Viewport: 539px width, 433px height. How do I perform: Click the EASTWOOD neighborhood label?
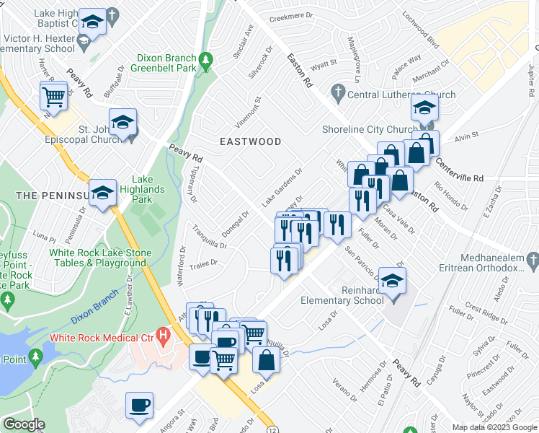pyautogui.click(x=251, y=141)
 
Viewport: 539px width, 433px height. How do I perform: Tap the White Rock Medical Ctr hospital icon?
pyautogui.click(x=165, y=336)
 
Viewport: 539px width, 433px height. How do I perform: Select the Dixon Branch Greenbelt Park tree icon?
pyautogui.click(x=207, y=58)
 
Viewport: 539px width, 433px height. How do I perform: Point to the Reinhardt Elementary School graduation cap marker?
pyautogui.click(x=392, y=280)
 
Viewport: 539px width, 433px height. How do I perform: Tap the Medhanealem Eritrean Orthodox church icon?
pyautogui.click(x=532, y=259)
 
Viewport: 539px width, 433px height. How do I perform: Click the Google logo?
pyautogui.click(x=24, y=424)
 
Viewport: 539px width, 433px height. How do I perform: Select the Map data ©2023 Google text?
pyautogui.click(x=494, y=427)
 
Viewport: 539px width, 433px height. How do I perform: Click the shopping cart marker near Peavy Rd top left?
pyautogui.click(x=53, y=95)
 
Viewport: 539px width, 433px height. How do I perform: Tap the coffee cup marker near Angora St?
pyautogui.click(x=139, y=405)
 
